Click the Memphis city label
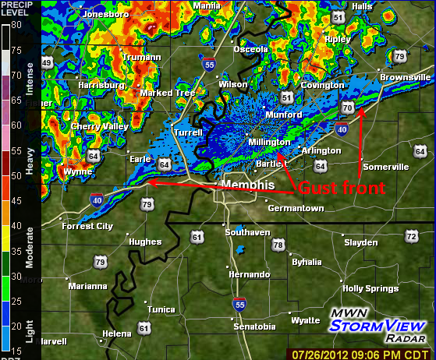(248, 185)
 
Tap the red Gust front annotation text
(342, 188)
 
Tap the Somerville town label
(385, 167)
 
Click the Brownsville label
(405, 78)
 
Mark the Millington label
(269, 143)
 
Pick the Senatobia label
(255, 326)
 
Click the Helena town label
(117, 334)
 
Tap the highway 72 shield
(411, 235)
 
